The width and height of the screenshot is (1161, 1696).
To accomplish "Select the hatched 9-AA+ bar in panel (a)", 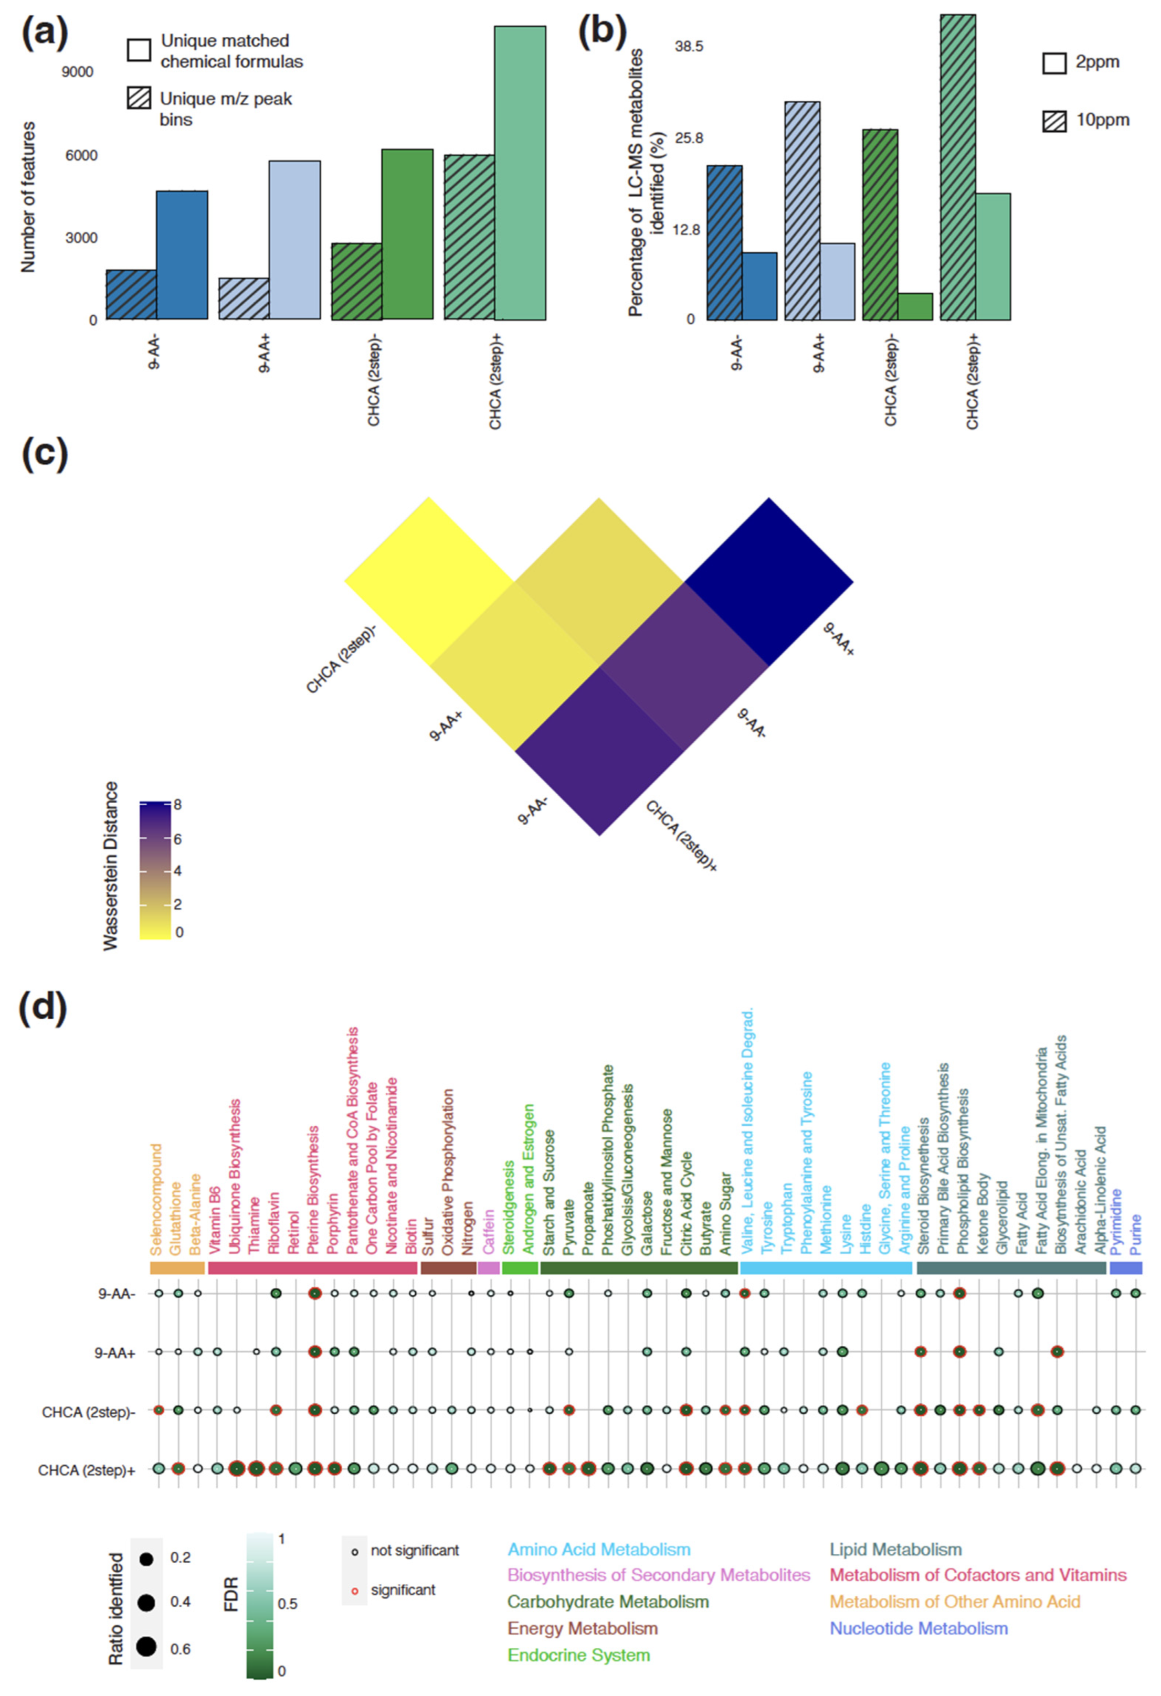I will coord(244,298).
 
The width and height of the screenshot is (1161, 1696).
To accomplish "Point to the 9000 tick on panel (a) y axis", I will coord(77,71).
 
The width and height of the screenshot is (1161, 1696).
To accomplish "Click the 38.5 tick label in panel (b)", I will coord(689,47).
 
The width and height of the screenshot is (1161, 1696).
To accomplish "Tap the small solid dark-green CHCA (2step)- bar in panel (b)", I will coord(915,306).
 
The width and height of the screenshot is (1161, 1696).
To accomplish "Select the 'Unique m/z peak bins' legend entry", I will coord(225,109).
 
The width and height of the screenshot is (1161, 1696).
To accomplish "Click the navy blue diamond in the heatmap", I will coord(768,582).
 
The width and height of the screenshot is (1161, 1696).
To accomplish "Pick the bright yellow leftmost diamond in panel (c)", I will coord(429,582).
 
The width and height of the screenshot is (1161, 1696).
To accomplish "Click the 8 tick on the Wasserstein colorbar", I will coord(177,805).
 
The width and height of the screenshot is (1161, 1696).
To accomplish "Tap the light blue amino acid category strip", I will coord(826,1268).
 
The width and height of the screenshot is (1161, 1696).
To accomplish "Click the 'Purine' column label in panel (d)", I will coord(1135,1235).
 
